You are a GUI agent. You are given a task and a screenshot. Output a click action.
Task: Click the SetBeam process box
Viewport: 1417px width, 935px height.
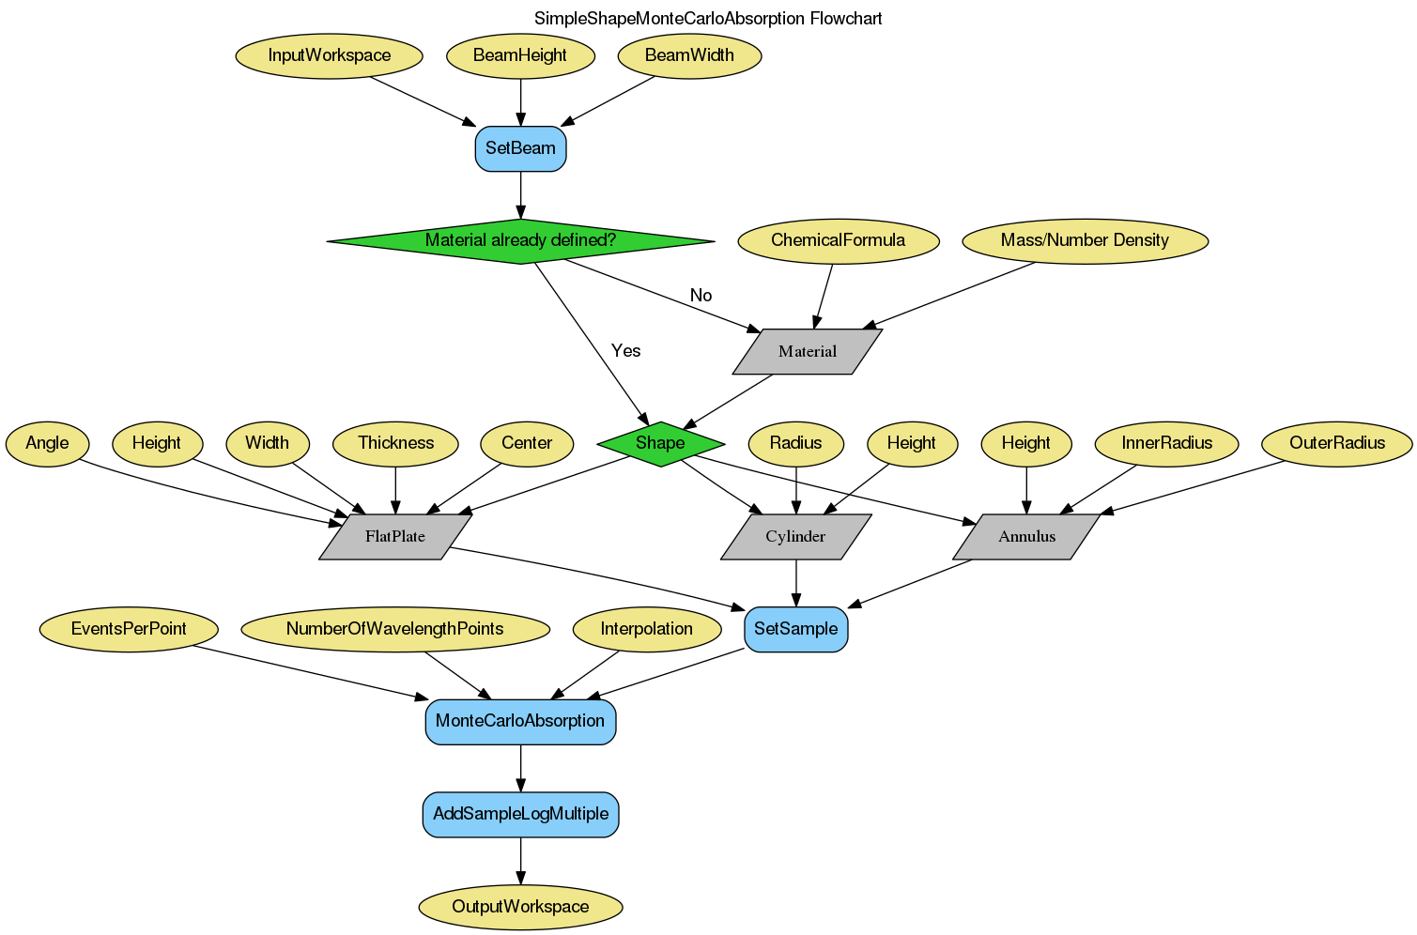pyautogui.click(x=520, y=148)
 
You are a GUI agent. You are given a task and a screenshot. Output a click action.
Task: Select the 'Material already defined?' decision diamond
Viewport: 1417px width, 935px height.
pyautogui.click(x=520, y=240)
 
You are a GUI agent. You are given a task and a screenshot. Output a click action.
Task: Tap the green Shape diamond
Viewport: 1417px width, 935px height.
pyautogui.click(x=660, y=443)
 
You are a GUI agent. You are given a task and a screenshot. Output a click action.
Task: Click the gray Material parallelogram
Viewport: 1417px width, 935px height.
pyautogui.click(x=807, y=351)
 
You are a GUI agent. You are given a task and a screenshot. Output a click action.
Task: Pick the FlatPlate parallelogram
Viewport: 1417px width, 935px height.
pyautogui.click(x=395, y=536)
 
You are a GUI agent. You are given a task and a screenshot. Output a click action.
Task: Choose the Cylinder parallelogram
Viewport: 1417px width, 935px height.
pyautogui.click(x=795, y=536)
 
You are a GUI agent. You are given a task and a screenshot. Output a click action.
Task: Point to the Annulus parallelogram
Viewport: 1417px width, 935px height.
pyautogui.click(x=1026, y=536)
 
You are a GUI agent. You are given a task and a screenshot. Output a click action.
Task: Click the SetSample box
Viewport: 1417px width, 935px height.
pyautogui.click(x=795, y=629)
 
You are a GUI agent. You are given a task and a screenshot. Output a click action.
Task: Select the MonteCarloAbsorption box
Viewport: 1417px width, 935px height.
pyautogui.click(x=520, y=721)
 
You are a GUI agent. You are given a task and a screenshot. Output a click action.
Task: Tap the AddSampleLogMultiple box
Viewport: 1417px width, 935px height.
pyautogui.click(x=520, y=814)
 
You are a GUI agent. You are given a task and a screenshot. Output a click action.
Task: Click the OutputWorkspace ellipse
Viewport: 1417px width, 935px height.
pyautogui.click(x=520, y=907)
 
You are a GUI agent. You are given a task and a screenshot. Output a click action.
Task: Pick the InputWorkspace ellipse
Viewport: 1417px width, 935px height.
pyautogui.click(x=329, y=55)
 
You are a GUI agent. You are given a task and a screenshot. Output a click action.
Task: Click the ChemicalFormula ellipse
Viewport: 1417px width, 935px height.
pyautogui.click(x=838, y=240)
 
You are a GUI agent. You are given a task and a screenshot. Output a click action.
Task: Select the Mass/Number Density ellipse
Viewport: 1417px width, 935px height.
pyautogui.click(x=1085, y=240)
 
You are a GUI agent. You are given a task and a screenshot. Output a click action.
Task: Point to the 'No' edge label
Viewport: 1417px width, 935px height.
pyautogui.click(x=701, y=296)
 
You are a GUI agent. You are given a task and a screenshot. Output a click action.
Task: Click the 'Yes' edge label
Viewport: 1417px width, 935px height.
pyautogui.click(x=625, y=351)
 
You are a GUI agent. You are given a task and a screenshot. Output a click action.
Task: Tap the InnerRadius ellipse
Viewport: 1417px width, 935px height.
pyautogui.click(x=1166, y=443)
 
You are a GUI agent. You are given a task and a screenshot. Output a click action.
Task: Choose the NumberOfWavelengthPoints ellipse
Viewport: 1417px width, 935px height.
pyautogui.click(x=394, y=629)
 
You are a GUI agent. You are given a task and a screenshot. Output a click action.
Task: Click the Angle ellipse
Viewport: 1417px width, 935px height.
pyautogui.click(x=47, y=443)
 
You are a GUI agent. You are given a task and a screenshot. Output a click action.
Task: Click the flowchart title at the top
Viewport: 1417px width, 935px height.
pyautogui.click(x=708, y=19)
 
